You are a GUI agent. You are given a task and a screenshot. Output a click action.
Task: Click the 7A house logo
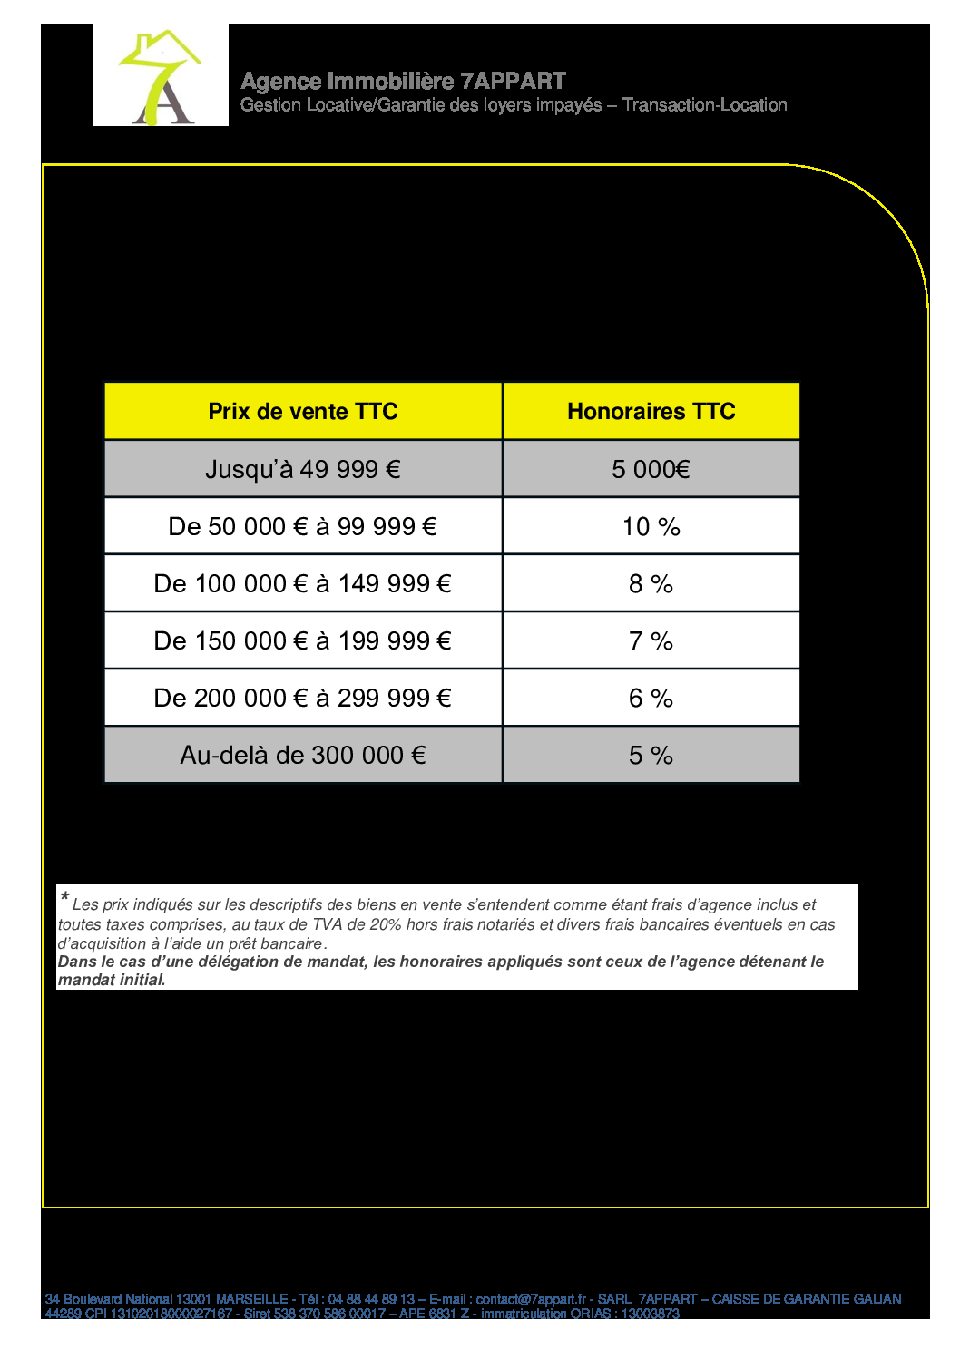tap(161, 76)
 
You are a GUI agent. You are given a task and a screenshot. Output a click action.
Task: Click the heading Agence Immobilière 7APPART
tap(403, 82)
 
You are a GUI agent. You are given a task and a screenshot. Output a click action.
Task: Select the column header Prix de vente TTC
tap(303, 412)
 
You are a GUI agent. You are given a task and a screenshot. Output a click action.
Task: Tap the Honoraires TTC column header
tap(651, 412)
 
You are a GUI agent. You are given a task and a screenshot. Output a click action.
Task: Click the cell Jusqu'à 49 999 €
tap(303, 469)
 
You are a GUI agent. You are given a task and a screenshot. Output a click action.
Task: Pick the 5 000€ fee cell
tap(651, 469)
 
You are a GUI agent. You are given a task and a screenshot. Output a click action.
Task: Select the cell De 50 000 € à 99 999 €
tap(303, 526)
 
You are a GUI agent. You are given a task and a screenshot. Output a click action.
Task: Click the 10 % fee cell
tap(651, 526)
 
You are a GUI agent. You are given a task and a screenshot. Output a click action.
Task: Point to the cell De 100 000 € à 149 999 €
tap(303, 583)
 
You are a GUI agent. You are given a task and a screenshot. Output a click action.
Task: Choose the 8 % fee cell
tap(651, 583)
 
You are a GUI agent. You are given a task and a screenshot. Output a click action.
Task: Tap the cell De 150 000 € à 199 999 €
tap(303, 640)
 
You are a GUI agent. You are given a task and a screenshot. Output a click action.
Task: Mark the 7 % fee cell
tap(651, 640)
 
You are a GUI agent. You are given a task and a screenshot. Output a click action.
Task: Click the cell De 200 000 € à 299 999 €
tap(303, 698)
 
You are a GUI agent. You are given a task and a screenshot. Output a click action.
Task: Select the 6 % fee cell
tap(651, 698)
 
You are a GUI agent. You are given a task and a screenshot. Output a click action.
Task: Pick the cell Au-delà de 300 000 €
tap(303, 755)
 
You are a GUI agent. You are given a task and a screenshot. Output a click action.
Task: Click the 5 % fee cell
tap(651, 755)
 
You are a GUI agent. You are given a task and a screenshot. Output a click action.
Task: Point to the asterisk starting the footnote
tap(64, 898)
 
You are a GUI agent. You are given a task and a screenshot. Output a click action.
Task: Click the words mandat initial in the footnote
tap(111, 980)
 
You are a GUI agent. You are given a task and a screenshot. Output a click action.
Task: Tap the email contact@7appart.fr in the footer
tap(531, 1299)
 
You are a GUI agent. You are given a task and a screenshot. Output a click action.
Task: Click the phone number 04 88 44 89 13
tap(371, 1299)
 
